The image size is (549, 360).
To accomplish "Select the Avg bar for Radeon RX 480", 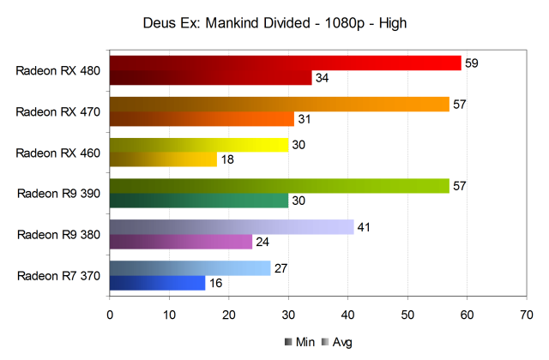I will [x=285, y=63].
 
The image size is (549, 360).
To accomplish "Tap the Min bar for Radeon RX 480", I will [x=210, y=78].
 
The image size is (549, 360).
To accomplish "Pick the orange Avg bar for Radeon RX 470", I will [x=279, y=105].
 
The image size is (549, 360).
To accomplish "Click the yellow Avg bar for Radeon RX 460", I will [x=199, y=145].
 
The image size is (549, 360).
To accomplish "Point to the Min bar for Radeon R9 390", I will [x=199, y=201].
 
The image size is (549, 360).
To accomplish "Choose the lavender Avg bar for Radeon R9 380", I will [x=232, y=226].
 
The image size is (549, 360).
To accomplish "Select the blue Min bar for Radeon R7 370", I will [x=158, y=282].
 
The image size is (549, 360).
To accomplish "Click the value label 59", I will [x=471, y=63].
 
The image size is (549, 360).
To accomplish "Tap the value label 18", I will [x=226, y=159].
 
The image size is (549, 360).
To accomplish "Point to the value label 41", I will [x=363, y=226].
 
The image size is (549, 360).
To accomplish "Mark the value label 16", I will [x=214, y=282].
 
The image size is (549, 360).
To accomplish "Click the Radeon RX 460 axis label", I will [x=58, y=153].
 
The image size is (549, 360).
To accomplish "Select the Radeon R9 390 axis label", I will [x=58, y=194].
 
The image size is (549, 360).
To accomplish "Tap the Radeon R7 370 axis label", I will [x=58, y=275].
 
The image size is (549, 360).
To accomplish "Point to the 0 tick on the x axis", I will [x=110, y=314].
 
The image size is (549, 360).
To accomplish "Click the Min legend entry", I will [x=299, y=342].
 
